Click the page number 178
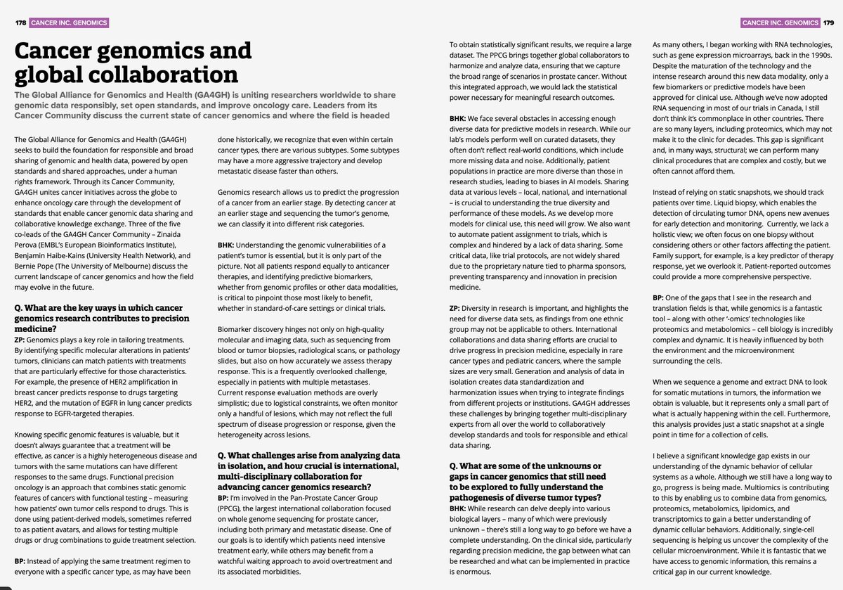pyautogui.click(x=20, y=23)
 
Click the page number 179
pyautogui.click(x=828, y=23)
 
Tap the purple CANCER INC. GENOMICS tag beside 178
pyautogui.click(x=69, y=23)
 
